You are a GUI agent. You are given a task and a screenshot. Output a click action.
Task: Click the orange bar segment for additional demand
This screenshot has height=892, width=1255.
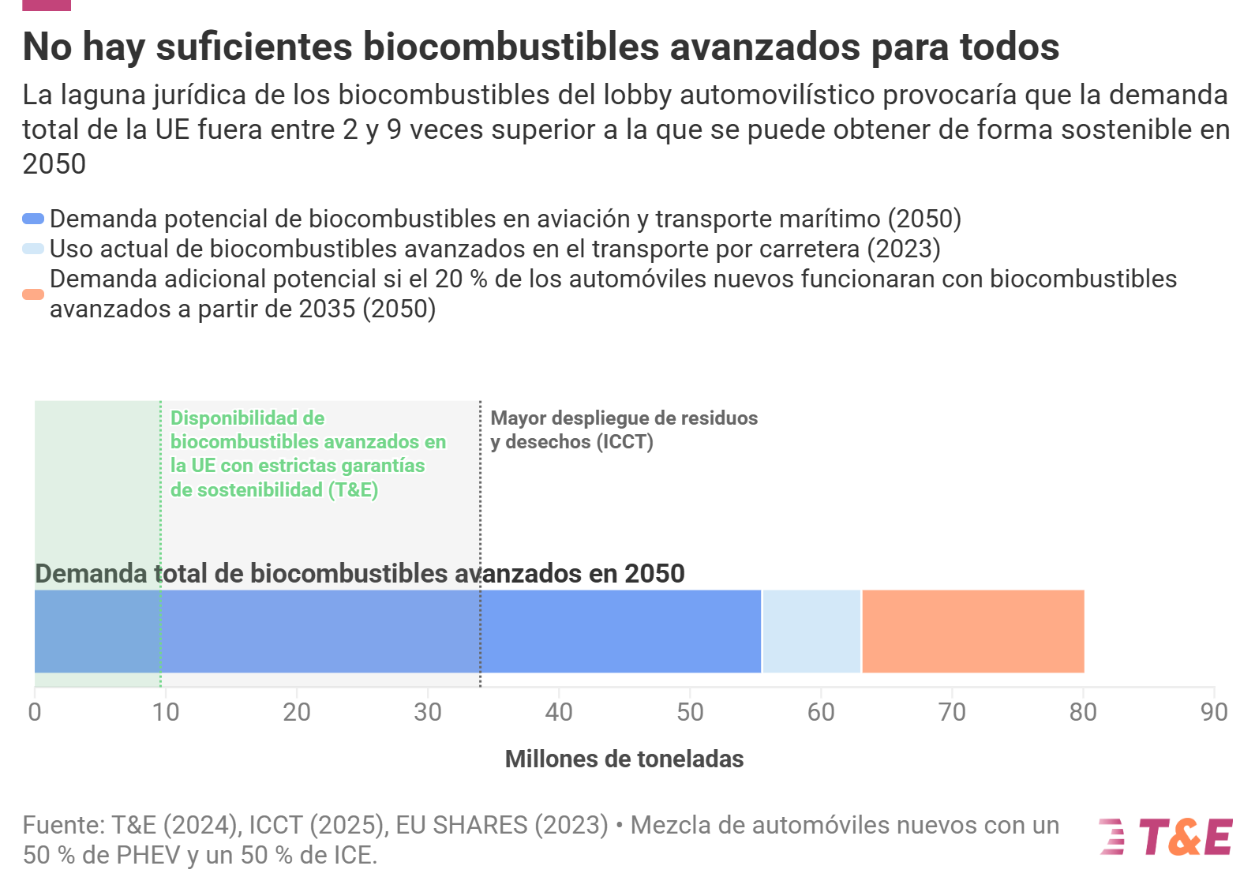[972, 631]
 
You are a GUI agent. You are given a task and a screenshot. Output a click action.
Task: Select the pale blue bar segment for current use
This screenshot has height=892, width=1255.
[811, 631]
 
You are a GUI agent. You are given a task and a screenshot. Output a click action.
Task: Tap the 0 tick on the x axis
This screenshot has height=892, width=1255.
[35, 712]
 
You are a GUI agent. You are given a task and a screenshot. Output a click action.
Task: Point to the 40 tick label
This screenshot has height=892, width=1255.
[559, 712]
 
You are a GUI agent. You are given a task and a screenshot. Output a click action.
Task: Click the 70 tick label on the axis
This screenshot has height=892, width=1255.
[952, 712]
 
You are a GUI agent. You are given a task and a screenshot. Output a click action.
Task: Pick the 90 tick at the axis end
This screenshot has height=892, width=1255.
[1214, 712]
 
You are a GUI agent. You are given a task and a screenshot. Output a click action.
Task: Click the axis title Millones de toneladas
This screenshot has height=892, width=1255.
[624, 759]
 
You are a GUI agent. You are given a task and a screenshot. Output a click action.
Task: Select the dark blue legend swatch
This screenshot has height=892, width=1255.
[33, 219]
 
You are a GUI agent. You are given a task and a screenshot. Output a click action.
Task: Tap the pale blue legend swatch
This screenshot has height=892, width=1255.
[33, 249]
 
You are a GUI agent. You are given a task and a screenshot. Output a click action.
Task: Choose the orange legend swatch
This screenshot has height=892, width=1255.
[33, 294]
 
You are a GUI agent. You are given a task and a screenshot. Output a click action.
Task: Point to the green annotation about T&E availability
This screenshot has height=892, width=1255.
[308, 454]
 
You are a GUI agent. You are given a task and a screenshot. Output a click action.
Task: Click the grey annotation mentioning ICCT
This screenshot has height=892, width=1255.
[624, 429]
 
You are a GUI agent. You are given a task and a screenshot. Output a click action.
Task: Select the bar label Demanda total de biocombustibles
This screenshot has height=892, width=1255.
[360, 574]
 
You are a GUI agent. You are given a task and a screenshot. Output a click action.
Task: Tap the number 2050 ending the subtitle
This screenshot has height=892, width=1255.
[54, 164]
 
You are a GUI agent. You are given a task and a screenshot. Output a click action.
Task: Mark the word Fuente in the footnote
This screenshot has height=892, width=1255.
[62, 825]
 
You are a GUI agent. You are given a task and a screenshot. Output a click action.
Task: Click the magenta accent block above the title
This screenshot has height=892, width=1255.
[47, 5]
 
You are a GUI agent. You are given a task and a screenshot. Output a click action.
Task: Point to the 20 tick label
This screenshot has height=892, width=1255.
[297, 712]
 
